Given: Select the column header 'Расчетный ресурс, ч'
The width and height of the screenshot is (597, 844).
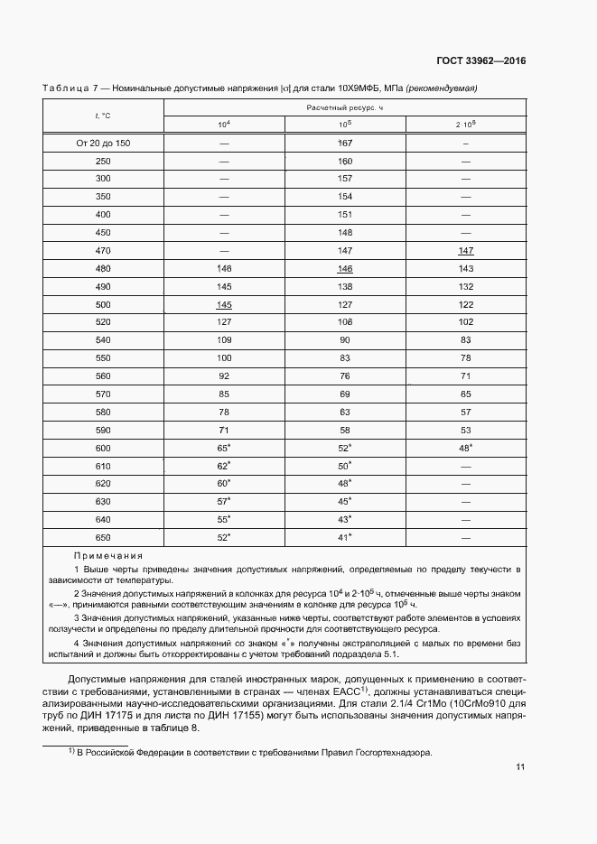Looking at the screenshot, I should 344,107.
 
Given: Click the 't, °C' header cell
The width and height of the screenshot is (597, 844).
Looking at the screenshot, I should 102,116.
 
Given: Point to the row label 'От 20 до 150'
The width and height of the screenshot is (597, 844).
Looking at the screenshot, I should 102,143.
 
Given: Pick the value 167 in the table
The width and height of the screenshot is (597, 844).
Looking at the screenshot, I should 344,143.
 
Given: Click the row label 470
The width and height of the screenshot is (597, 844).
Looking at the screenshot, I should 102,250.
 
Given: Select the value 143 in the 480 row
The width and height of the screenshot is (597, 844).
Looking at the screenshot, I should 466,268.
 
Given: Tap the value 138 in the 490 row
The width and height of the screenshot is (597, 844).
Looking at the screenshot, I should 344,286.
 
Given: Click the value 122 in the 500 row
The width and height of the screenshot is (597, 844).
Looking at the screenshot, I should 466,304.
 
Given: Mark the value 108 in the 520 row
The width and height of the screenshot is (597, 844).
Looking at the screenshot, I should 344,322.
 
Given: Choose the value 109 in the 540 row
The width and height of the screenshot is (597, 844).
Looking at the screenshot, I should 224,340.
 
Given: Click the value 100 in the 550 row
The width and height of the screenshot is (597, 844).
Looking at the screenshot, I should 224,357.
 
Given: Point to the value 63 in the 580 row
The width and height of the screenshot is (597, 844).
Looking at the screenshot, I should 344,412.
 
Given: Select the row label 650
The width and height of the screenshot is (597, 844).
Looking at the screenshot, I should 102,537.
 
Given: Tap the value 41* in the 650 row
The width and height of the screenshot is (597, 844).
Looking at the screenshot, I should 344,537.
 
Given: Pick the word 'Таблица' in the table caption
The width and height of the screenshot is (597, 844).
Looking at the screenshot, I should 64,88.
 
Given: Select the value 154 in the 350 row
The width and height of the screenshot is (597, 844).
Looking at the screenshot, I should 344,196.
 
